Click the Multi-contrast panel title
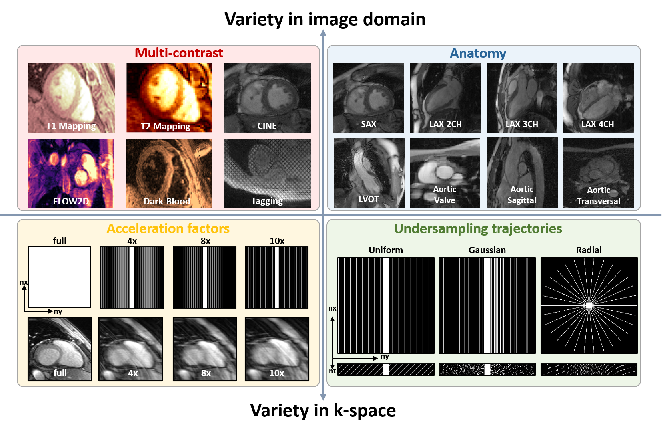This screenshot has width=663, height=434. pos(179,53)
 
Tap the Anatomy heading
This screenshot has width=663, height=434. pos(478,54)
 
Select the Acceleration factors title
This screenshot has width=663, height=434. pos(168,229)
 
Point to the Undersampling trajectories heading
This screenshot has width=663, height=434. pos(478,229)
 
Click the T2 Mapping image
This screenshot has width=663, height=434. pos(169,97)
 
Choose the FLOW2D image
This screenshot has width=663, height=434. pos(71,173)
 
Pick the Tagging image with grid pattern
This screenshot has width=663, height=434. pos(267,173)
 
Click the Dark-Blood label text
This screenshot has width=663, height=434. pos(167,201)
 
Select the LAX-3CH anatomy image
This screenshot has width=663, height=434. pos(522,97)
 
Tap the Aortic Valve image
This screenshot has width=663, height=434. pos(445,172)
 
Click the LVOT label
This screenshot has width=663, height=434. pos(368,199)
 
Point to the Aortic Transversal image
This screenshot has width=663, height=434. pos(598,172)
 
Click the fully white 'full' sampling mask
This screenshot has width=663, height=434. pos(60,277)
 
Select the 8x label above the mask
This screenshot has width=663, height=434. pos(205,241)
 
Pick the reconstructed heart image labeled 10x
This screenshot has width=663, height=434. pos(277,349)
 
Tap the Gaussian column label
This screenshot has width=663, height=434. pos(487,250)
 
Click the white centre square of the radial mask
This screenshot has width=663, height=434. pos(589,305)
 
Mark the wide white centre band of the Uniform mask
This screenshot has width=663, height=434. pos(386,305)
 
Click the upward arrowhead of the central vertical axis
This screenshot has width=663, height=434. pos(323,32)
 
